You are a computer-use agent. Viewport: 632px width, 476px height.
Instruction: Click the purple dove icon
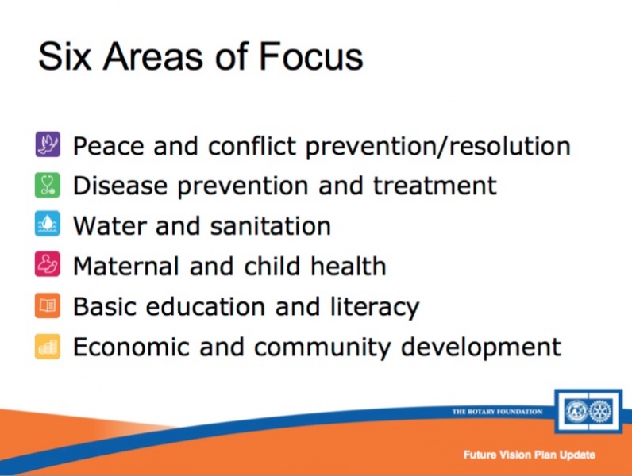[48, 144]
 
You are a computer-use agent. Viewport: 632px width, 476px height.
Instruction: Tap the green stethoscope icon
[48, 186]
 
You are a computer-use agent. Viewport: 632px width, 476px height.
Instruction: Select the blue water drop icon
[48, 224]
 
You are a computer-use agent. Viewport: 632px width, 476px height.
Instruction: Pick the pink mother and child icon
[48, 263]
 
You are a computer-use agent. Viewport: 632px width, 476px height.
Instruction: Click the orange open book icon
[48, 305]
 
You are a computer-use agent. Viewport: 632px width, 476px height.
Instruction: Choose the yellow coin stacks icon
[48, 347]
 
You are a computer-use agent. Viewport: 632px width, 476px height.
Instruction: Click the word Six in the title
[64, 56]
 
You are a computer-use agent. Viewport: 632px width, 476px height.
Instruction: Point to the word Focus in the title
[310, 56]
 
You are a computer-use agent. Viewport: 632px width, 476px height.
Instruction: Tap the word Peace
[108, 145]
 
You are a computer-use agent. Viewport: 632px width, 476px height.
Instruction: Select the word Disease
[120, 186]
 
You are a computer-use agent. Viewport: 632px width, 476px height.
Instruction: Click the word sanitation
[271, 225]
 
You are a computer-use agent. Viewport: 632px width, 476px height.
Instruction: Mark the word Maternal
[126, 267]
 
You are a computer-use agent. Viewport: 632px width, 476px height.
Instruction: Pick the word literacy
[375, 308]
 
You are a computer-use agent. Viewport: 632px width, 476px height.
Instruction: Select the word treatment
[435, 186]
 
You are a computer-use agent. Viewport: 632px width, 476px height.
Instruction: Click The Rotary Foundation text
[497, 412]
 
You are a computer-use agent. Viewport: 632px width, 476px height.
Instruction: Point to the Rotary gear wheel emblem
[600, 412]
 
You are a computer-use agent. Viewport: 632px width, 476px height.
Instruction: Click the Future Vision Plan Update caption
[530, 455]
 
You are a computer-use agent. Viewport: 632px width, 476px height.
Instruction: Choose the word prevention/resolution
[438, 146]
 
